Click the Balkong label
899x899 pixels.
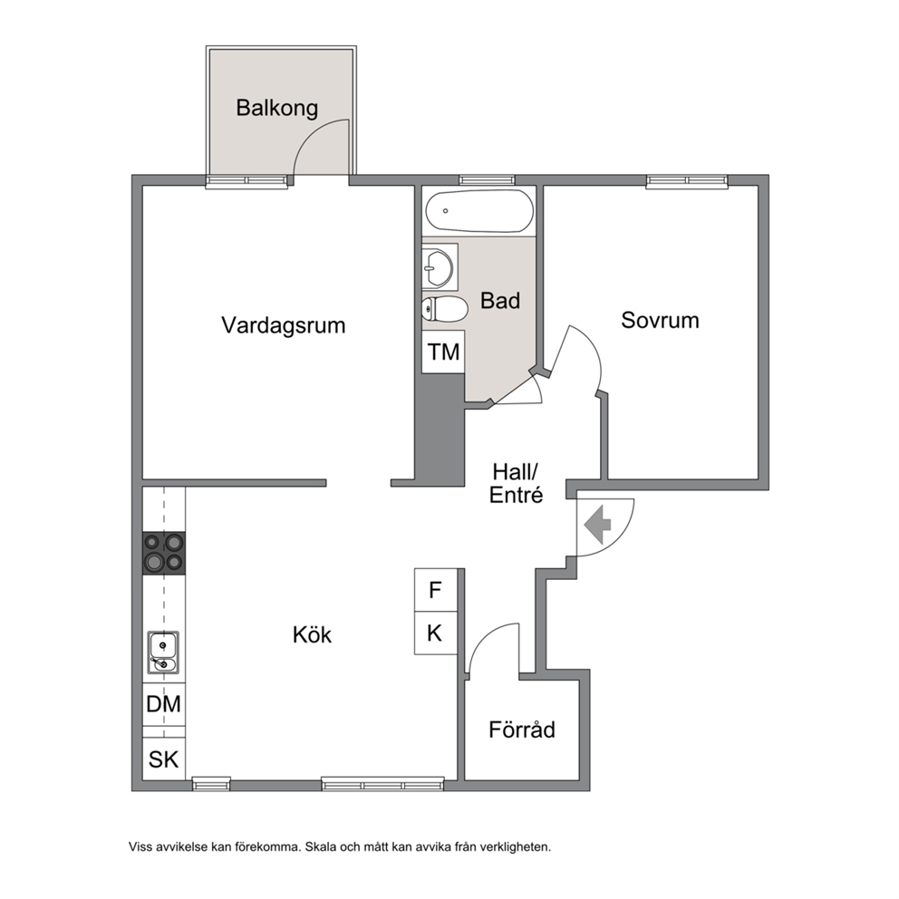coord(277,109)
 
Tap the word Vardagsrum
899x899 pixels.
coord(284,325)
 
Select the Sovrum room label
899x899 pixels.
coord(660,320)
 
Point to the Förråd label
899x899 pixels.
coord(522,730)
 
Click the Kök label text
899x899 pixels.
coord(312,634)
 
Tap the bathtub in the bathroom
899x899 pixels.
coord(479,211)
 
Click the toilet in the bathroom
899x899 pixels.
coord(444,308)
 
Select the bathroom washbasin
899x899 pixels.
coord(440,267)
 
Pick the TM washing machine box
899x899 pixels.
coord(443,352)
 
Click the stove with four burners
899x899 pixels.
coord(164,554)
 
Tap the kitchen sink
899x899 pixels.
coord(163,652)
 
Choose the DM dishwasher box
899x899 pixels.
coord(164,704)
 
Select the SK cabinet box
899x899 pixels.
coord(164,759)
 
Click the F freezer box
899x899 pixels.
coord(436,590)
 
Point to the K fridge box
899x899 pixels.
coord(436,633)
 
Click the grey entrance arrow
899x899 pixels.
coord(598,525)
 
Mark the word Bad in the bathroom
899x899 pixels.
coord(500,301)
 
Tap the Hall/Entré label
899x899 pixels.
coord(516,484)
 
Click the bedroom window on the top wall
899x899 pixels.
coord(687,181)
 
